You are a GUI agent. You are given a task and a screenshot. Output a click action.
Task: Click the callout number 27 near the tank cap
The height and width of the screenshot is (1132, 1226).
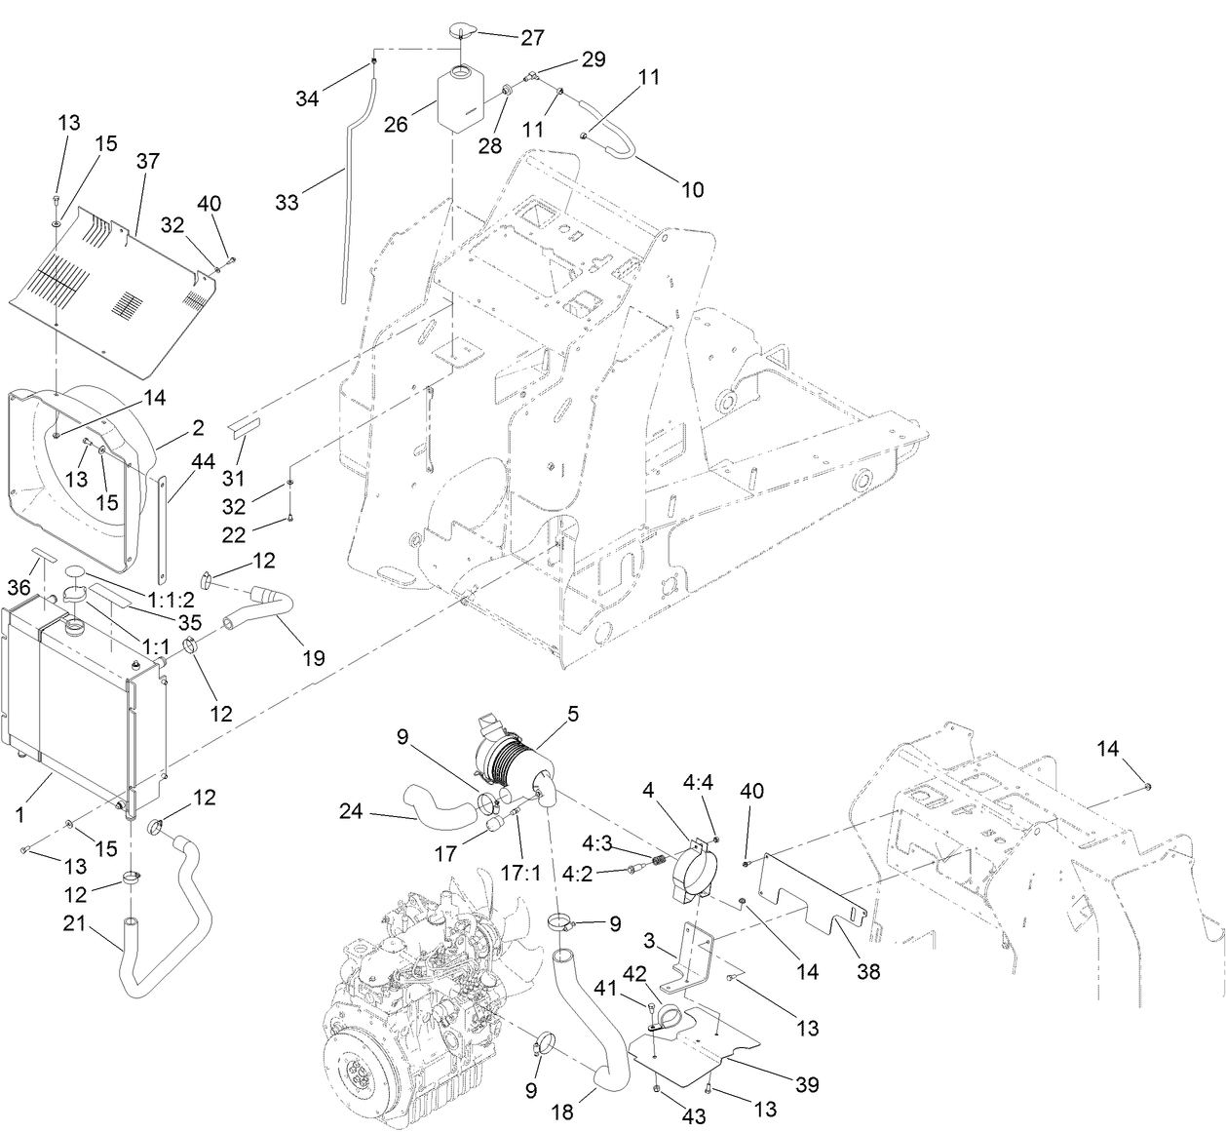[x=532, y=38]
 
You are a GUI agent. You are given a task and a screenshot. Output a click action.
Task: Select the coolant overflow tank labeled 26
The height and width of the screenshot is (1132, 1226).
[x=460, y=98]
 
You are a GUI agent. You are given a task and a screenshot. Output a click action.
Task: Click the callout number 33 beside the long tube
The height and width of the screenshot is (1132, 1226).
[x=287, y=203]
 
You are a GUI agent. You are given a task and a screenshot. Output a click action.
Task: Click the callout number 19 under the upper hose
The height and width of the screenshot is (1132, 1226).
[x=313, y=657]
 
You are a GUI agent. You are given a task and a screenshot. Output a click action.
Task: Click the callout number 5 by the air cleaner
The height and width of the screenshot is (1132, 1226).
[x=573, y=714]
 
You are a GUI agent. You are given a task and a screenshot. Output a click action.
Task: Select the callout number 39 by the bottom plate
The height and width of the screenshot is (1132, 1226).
[x=806, y=1084]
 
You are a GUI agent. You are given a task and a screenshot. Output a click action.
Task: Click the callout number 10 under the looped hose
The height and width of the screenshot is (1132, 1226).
[x=691, y=189]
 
